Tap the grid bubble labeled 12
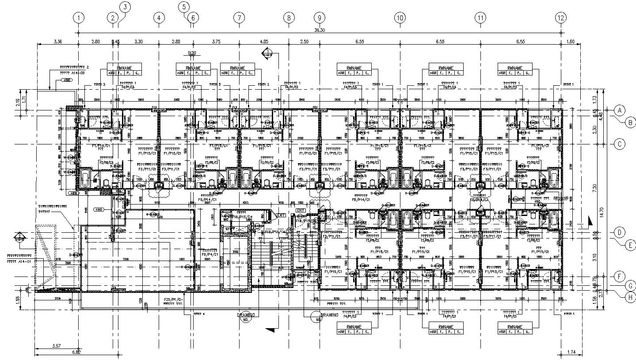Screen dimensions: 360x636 click(561, 18)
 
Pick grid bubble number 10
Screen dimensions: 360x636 click(400, 18)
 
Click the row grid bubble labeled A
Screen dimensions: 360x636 click(620, 110)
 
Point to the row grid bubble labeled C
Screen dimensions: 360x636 click(620, 144)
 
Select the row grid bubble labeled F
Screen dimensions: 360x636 click(620, 277)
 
